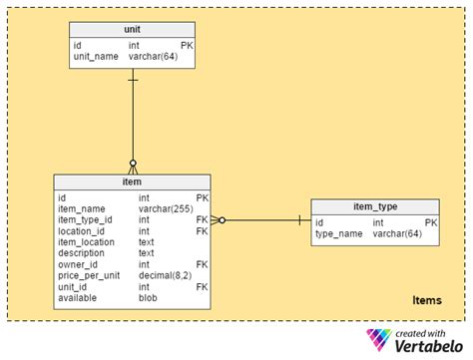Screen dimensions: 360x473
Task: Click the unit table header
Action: point(133,30)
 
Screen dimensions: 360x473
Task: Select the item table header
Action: point(132,182)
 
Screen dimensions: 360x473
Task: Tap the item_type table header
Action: point(375,206)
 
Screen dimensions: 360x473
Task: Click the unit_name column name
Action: point(96,56)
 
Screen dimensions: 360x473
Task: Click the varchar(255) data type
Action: point(167,208)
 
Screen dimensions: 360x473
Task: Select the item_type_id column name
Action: point(86,219)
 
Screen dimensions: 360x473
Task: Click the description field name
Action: point(81,252)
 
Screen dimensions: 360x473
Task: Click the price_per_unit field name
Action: point(88,275)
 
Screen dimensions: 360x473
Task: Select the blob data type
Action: point(148,297)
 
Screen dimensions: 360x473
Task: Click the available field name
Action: point(77,297)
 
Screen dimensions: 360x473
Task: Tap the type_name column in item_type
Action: point(339,233)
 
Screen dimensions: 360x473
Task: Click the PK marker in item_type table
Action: point(431,222)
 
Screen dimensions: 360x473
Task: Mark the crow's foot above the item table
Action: point(132,165)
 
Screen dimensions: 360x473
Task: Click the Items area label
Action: point(427,300)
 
